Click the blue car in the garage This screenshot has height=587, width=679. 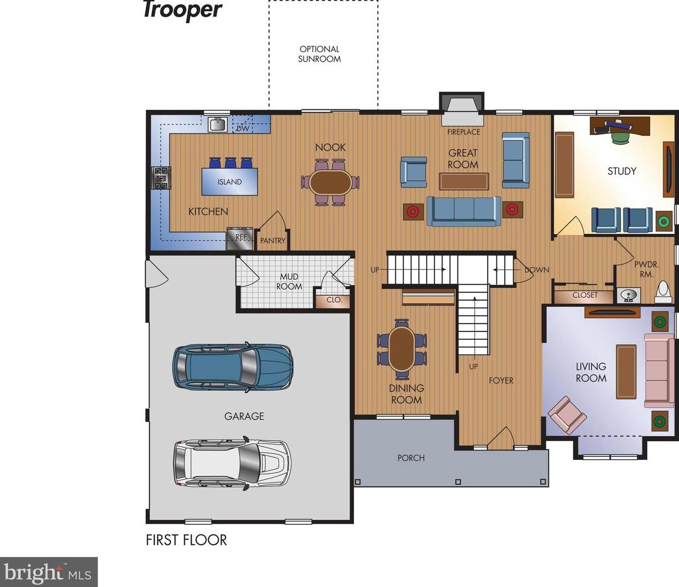[233, 367]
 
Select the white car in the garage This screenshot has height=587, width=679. [232, 464]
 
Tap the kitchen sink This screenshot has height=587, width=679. [218, 125]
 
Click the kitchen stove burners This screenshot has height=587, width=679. [161, 178]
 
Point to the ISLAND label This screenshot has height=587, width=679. [229, 182]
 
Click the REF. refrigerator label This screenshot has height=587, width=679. [242, 237]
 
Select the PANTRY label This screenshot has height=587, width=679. [272, 241]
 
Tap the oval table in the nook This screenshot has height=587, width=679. [330, 183]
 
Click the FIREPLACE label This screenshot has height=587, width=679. [464, 132]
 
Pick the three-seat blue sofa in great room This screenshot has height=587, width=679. [464, 211]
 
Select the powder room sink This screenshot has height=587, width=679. [629, 295]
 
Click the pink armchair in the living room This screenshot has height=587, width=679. [567, 415]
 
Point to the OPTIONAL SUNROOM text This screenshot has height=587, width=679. [319, 54]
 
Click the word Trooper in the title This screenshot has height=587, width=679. [183, 11]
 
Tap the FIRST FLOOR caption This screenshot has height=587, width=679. [186, 540]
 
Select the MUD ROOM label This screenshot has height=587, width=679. [289, 281]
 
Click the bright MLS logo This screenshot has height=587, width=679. [49, 572]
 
